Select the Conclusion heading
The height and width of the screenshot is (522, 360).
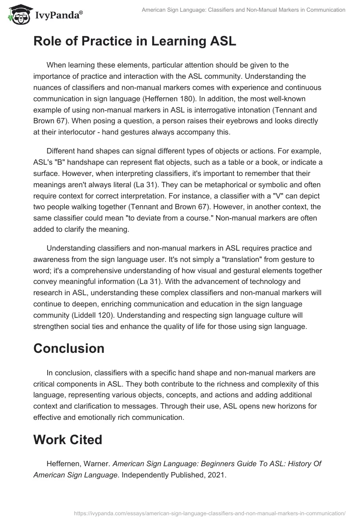click(68, 348)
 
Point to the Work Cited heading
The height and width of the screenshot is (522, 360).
click(67, 439)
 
